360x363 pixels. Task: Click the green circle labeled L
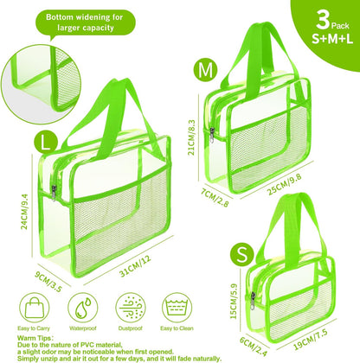19,138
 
